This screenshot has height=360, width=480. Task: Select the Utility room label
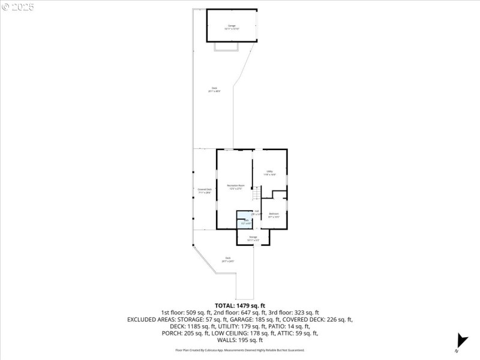pos(270,173)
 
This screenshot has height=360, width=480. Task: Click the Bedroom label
pos(274,215)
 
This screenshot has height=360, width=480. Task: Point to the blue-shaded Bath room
pos(245,220)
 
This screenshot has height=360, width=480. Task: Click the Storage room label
pos(253,238)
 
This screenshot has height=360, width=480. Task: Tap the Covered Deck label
pos(205,191)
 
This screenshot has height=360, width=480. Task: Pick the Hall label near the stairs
pos(256,212)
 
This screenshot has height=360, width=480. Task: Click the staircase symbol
pos(256,193)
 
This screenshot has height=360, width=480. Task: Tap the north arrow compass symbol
pos(461,340)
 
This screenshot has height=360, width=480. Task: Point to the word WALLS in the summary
pos(229,340)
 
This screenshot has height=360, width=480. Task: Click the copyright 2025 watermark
pos(18,7)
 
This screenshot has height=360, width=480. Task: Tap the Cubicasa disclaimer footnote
pos(240,350)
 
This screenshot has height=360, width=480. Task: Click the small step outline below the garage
pos(226,46)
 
